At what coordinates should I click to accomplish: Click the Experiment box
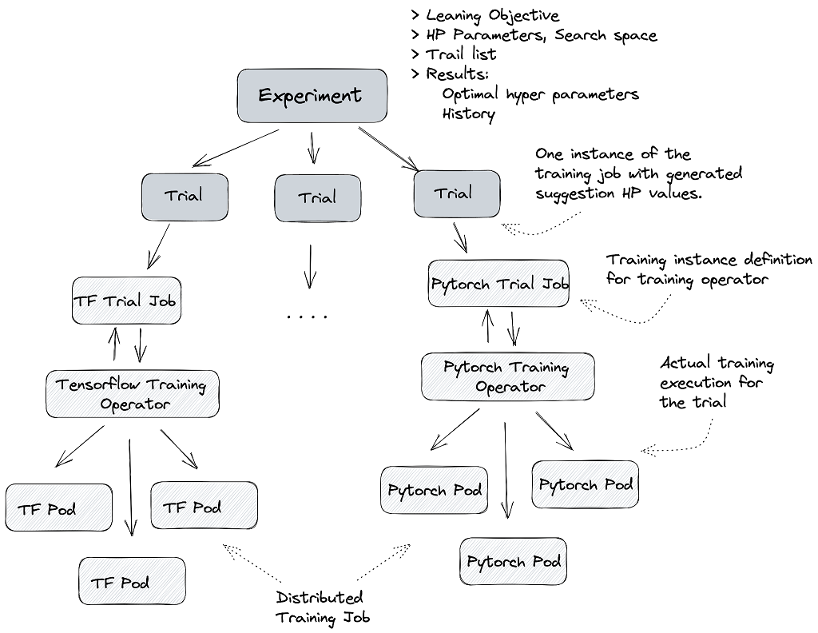coord(312,96)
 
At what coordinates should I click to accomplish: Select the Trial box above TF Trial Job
coord(185,197)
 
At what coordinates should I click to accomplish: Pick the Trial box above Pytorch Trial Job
coord(457,194)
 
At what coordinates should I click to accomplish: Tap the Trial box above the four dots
coord(317,198)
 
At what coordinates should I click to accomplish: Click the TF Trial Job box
coord(126,301)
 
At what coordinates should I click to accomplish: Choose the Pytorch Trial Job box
coord(499,284)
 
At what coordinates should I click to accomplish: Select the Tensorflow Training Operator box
coord(133,394)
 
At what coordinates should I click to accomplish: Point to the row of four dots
coord(308,317)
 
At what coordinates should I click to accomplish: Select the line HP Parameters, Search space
coord(541,35)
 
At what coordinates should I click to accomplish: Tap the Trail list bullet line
coord(460,54)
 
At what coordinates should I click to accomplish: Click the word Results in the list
coord(457,74)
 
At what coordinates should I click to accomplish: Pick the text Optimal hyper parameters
coord(540,94)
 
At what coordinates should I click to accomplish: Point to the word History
coord(468,113)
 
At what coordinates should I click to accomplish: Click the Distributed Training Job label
coord(322,607)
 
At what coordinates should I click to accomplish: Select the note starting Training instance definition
coord(709,269)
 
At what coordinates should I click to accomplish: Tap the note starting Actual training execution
coord(717,383)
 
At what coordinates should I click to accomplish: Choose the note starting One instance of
coord(637,173)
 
